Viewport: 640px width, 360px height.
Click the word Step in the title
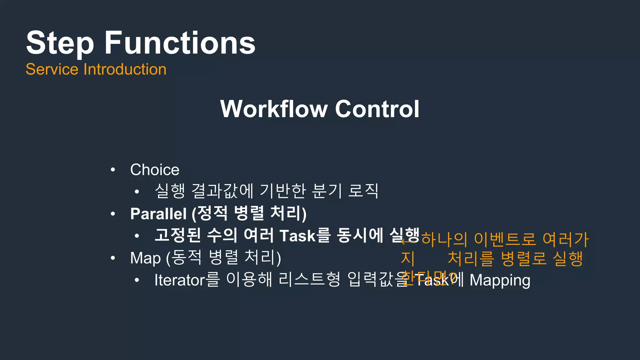60,43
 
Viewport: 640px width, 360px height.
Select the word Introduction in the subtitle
125,69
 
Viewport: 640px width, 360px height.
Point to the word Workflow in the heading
274,109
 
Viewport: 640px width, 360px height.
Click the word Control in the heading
377,109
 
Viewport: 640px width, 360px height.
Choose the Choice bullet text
155,170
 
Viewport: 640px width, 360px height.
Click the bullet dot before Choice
113,170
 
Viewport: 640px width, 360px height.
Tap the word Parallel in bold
158,214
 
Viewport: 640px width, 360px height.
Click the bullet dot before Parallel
113,214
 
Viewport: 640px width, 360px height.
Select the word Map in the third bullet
145,258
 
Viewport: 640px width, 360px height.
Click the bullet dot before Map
113,258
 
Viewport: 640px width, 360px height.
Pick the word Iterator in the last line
180,280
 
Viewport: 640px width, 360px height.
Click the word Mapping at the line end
500,280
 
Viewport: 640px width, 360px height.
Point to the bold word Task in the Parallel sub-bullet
298,236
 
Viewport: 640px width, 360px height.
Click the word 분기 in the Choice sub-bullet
327,191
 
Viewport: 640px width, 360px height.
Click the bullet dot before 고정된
137,236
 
